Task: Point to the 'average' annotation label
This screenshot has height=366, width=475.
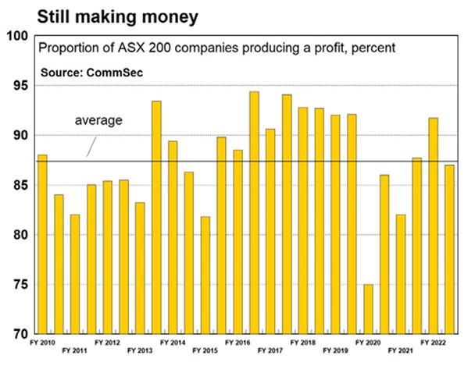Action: click(x=98, y=121)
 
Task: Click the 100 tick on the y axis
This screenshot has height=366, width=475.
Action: click(x=18, y=36)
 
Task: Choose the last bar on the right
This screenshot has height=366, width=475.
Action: click(x=449, y=249)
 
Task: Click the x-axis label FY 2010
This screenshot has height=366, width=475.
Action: click(x=43, y=342)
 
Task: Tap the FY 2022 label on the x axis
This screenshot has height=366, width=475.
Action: click(x=434, y=342)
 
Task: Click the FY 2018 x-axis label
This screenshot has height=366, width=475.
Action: click(x=303, y=342)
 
